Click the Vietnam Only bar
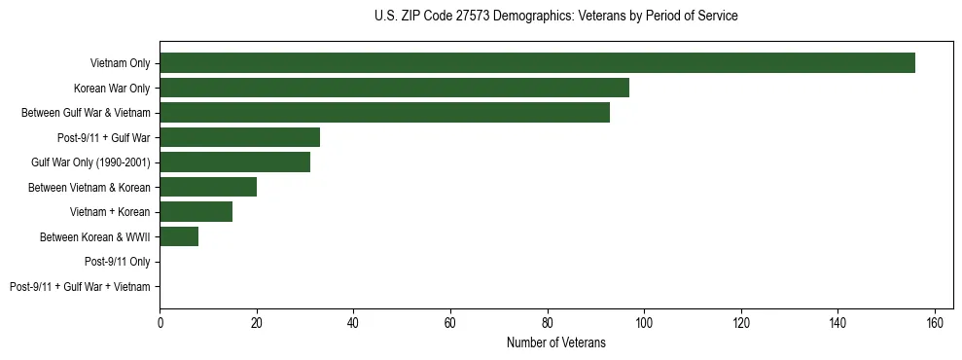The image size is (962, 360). [537, 63]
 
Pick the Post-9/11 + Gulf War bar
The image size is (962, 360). [239, 137]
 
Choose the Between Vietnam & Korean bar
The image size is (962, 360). [208, 187]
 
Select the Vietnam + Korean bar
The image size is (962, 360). [196, 212]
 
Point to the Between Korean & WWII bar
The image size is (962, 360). [179, 236]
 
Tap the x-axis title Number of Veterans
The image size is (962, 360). [555, 342]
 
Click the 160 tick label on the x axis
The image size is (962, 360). [935, 322]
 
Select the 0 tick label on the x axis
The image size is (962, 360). [160, 322]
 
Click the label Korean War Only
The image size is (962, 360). [112, 88]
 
